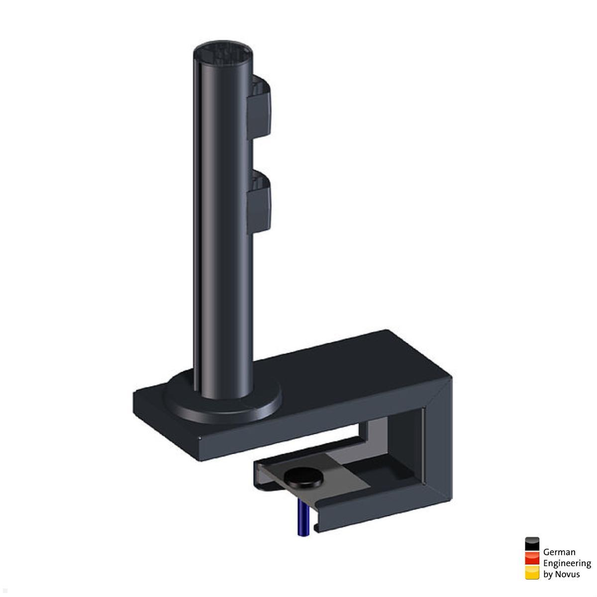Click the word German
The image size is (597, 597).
click(559, 552)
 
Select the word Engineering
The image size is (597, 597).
click(567, 563)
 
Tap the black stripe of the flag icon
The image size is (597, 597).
click(532, 544)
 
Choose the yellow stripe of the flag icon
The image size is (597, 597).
click(532, 573)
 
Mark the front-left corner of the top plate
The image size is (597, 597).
click(199, 438)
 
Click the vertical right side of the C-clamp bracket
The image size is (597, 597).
click(438, 448)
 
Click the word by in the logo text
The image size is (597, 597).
click(548, 575)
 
